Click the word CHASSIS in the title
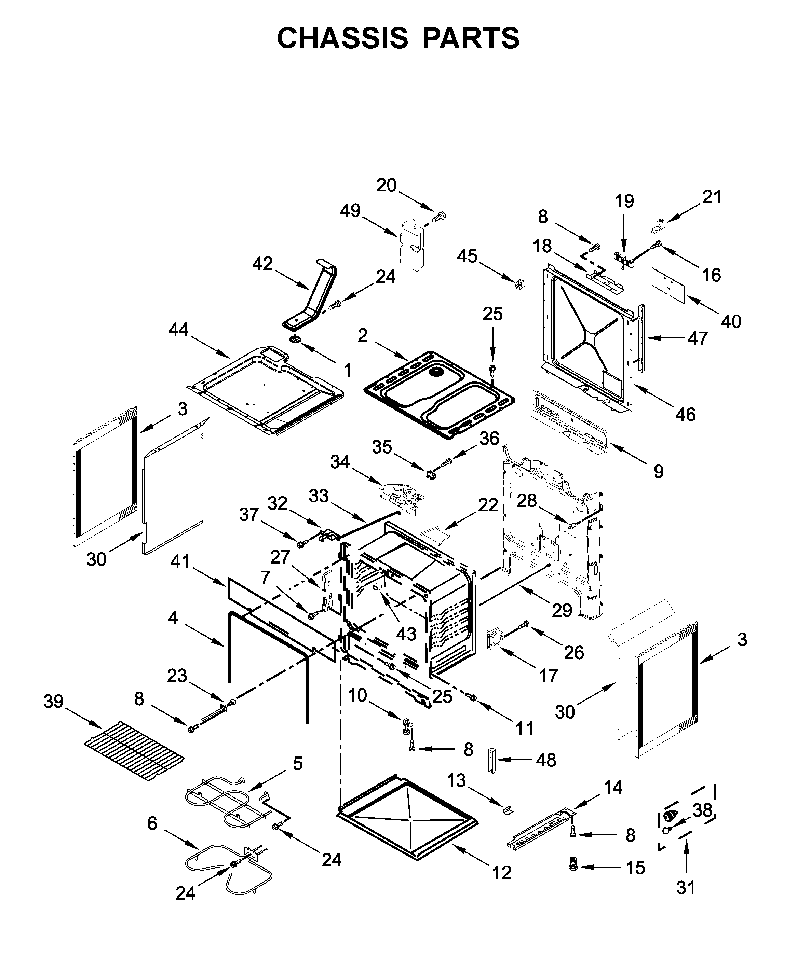(x=342, y=38)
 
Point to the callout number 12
(x=502, y=873)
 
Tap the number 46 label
(x=686, y=414)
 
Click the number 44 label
(x=178, y=329)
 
